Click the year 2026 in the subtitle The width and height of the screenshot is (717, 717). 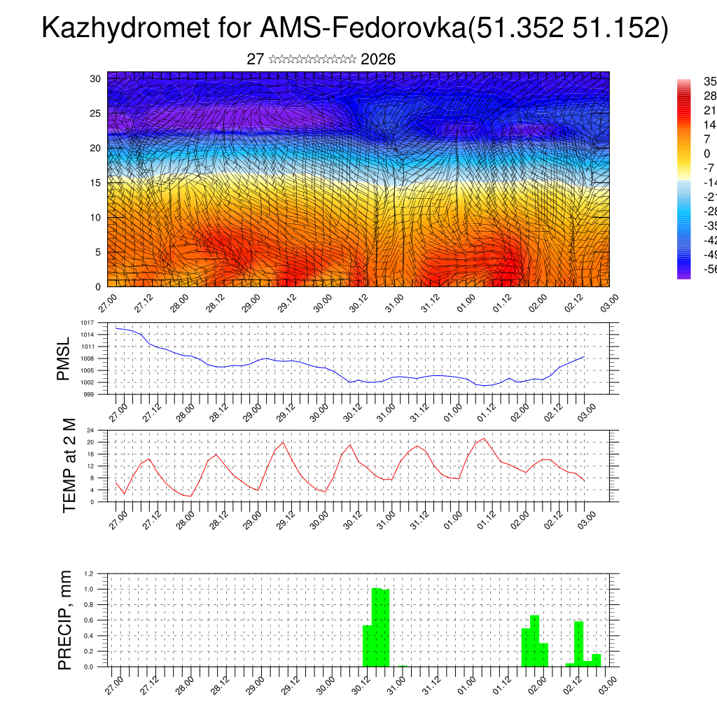pyautogui.click(x=378, y=60)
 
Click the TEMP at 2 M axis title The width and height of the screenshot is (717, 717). pyautogui.click(x=69, y=466)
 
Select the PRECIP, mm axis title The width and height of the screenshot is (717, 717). pyautogui.click(x=65, y=620)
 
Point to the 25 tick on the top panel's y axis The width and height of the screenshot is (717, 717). pyautogui.click(x=96, y=113)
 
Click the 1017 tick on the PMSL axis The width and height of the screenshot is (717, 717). pyautogui.click(x=87, y=323)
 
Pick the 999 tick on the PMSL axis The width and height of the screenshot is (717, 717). pyautogui.click(x=88, y=394)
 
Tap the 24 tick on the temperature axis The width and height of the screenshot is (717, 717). pyautogui.click(x=91, y=430)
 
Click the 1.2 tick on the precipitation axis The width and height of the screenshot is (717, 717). pyautogui.click(x=89, y=573)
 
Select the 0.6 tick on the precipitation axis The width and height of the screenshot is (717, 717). pyautogui.click(x=89, y=620)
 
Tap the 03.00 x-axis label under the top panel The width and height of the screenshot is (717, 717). pyautogui.click(x=608, y=302)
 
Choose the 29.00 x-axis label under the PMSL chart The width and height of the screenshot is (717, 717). pyautogui.click(x=253, y=408)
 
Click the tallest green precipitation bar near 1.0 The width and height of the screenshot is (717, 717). pyautogui.click(x=376, y=627)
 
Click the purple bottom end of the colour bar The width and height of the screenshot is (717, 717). pyautogui.click(x=683, y=274)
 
